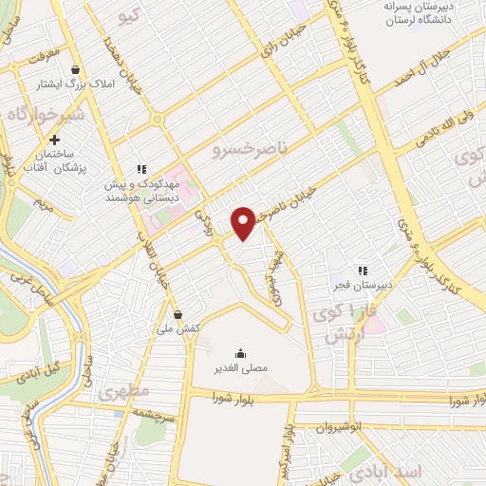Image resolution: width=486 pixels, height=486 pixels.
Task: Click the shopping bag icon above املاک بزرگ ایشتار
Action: click(76, 68)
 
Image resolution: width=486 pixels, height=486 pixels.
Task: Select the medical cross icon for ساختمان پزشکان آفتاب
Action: click(54, 140)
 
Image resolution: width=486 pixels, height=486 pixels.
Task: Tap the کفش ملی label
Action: click(180, 327)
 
